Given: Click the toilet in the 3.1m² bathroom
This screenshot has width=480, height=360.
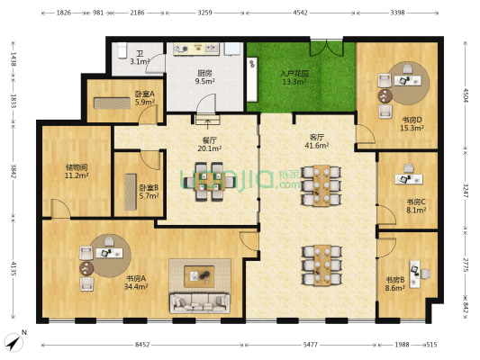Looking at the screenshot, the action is tap(122, 50).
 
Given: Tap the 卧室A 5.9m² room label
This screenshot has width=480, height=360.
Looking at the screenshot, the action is tap(145, 98).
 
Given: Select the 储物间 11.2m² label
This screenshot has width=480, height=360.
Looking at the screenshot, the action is tap(77, 171).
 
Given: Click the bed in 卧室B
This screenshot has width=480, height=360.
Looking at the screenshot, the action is tap(131, 192).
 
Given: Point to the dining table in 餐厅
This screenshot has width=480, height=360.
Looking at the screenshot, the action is tap(210, 182).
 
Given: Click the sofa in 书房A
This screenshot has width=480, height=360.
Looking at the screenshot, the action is tap(200, 303).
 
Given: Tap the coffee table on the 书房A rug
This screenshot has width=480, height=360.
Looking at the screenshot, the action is tap(199, 276).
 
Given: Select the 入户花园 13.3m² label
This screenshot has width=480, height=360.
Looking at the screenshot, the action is tap(294, 77).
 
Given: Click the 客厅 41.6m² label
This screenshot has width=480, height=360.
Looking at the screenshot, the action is tap(317, 141).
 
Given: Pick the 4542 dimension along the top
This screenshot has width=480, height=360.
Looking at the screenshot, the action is tap(300, 13).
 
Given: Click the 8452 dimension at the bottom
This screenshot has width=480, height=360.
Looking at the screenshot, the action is tap(142, 345).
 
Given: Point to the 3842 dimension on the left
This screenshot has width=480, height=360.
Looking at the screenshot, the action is tap(14, 171).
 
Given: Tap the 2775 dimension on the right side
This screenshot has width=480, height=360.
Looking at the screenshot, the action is tap(466, 265).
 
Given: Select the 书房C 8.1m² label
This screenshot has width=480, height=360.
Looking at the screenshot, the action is tap(416, 206).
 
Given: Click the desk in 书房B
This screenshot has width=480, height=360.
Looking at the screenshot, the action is tap(414, 274).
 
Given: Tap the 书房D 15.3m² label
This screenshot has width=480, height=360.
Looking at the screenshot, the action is tap(412, 123).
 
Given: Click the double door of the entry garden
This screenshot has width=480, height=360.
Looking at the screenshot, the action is tap(326, 48).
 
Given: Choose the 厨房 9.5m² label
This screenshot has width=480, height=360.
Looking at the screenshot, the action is tap(204, 77).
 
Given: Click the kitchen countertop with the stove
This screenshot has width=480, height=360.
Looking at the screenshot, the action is tap(196, 49).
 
